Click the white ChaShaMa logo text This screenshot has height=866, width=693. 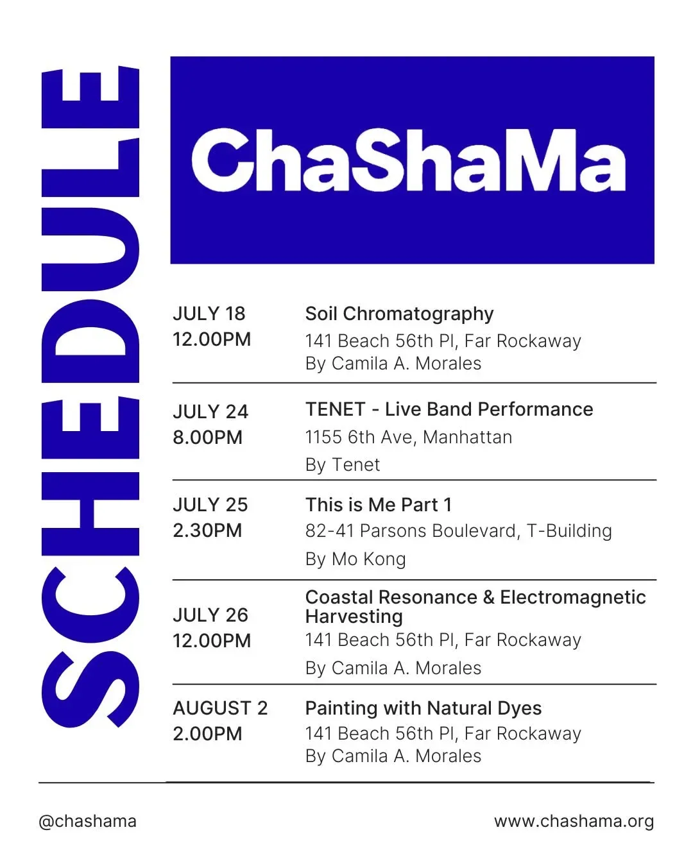coord(408,160)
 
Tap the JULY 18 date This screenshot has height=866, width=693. coord(209,314)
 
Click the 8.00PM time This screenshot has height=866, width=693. coord(208,437)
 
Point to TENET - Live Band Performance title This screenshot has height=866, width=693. coord(449,410)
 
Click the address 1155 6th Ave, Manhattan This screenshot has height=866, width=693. coord(409,437)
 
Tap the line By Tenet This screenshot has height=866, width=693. coord(343,465)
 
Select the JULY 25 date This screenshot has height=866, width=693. coord(210,505)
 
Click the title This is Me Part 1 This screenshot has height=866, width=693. coord(379,505)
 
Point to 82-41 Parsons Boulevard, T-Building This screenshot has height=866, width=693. coord(459,531)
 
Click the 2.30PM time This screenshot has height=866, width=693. coord(208,531)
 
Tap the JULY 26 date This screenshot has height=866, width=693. coord(210,615)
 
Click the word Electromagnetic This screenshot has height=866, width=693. coord(573,597)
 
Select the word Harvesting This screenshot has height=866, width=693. coord(354,617)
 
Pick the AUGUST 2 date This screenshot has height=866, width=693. coord(220,708)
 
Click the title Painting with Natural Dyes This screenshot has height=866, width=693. coord(424,709)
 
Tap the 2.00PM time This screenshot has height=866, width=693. coord(208,734)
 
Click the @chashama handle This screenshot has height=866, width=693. coord(88,822)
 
